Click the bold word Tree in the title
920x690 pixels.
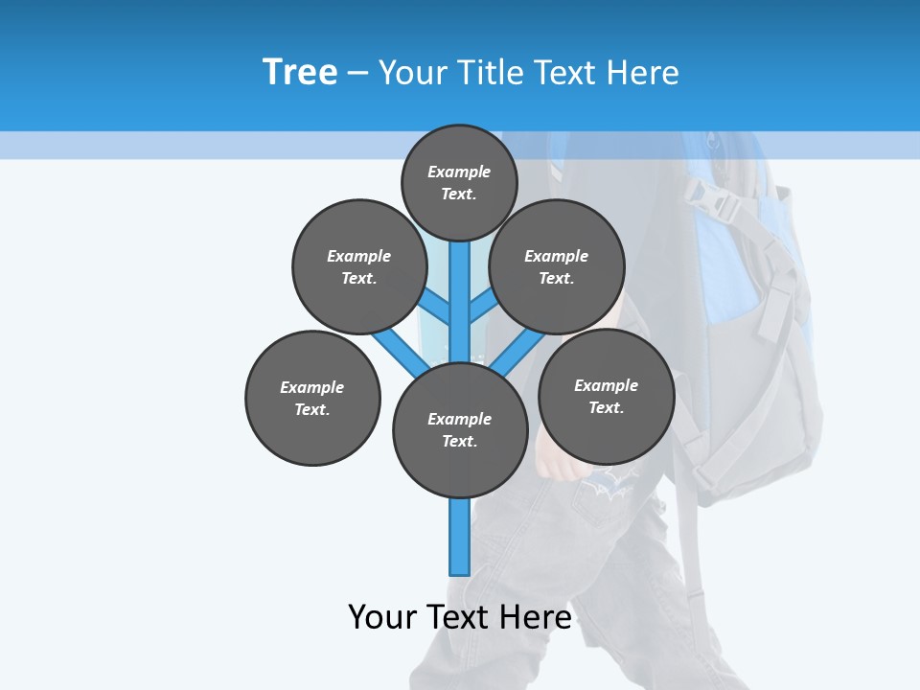300,72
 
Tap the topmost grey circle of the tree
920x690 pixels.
459,182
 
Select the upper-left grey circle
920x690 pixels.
359,266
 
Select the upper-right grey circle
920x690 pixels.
557,266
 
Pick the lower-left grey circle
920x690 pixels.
312,398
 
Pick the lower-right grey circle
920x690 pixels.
607,396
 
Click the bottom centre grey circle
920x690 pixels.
460,430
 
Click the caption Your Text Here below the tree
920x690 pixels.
460,616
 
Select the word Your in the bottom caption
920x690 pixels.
382,616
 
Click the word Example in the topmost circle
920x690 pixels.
459,172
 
